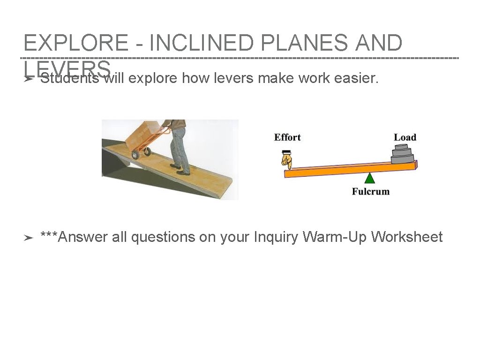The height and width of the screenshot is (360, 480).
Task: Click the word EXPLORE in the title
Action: (x=75, y=43)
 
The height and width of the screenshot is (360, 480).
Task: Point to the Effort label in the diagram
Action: (x=287, y=137)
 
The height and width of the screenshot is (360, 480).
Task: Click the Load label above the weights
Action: (x=405, y=137)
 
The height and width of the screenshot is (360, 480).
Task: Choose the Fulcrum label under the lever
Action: (x=370, y=191)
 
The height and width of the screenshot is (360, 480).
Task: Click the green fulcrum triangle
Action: (x=370, y=178)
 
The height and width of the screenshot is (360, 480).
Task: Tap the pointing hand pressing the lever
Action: (x=286, y=160)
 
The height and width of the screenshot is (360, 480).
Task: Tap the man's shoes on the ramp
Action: (x=180, y=169)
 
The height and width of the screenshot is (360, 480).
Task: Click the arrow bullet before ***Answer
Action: (x=29, y=238)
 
